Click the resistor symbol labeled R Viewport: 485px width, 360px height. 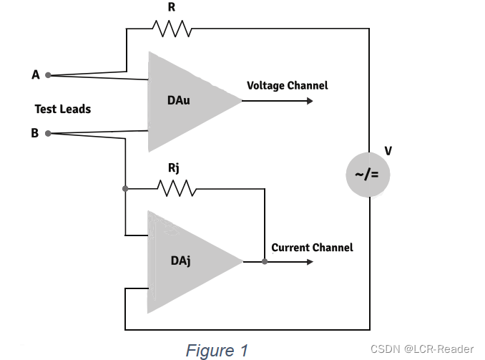[x=172, y=29]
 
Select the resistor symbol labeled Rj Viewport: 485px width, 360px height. [x=177, y=188]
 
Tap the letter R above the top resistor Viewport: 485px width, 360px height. [x=172, y=7]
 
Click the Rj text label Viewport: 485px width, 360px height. [x=174, y=168]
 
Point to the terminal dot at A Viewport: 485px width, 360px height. [x=48, y=75]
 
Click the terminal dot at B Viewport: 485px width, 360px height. [x=48, y=133]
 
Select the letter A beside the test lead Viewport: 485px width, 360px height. [x=36, y=74]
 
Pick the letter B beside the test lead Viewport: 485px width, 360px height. [x=34, y=133]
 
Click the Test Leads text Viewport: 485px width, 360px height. [x=63, y=109]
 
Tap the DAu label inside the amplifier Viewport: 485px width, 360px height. [x=178, y=100]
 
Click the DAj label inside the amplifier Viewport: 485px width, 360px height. [x=181, y=261]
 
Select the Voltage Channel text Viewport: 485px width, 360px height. [x=288, y=85]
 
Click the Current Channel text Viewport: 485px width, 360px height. [x=312, y=248]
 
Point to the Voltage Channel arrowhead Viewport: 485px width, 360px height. [x=310, y=101]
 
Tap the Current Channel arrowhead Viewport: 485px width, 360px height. [x=310, y=262]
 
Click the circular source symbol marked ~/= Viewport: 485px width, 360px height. [x=368, y=175]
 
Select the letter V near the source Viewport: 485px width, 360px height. [x=388, y=151]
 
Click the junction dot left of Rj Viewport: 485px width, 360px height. [x=125, y=188]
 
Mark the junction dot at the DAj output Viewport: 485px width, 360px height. [x=265, y=261]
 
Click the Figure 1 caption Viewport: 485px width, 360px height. [x=217, y=351]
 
